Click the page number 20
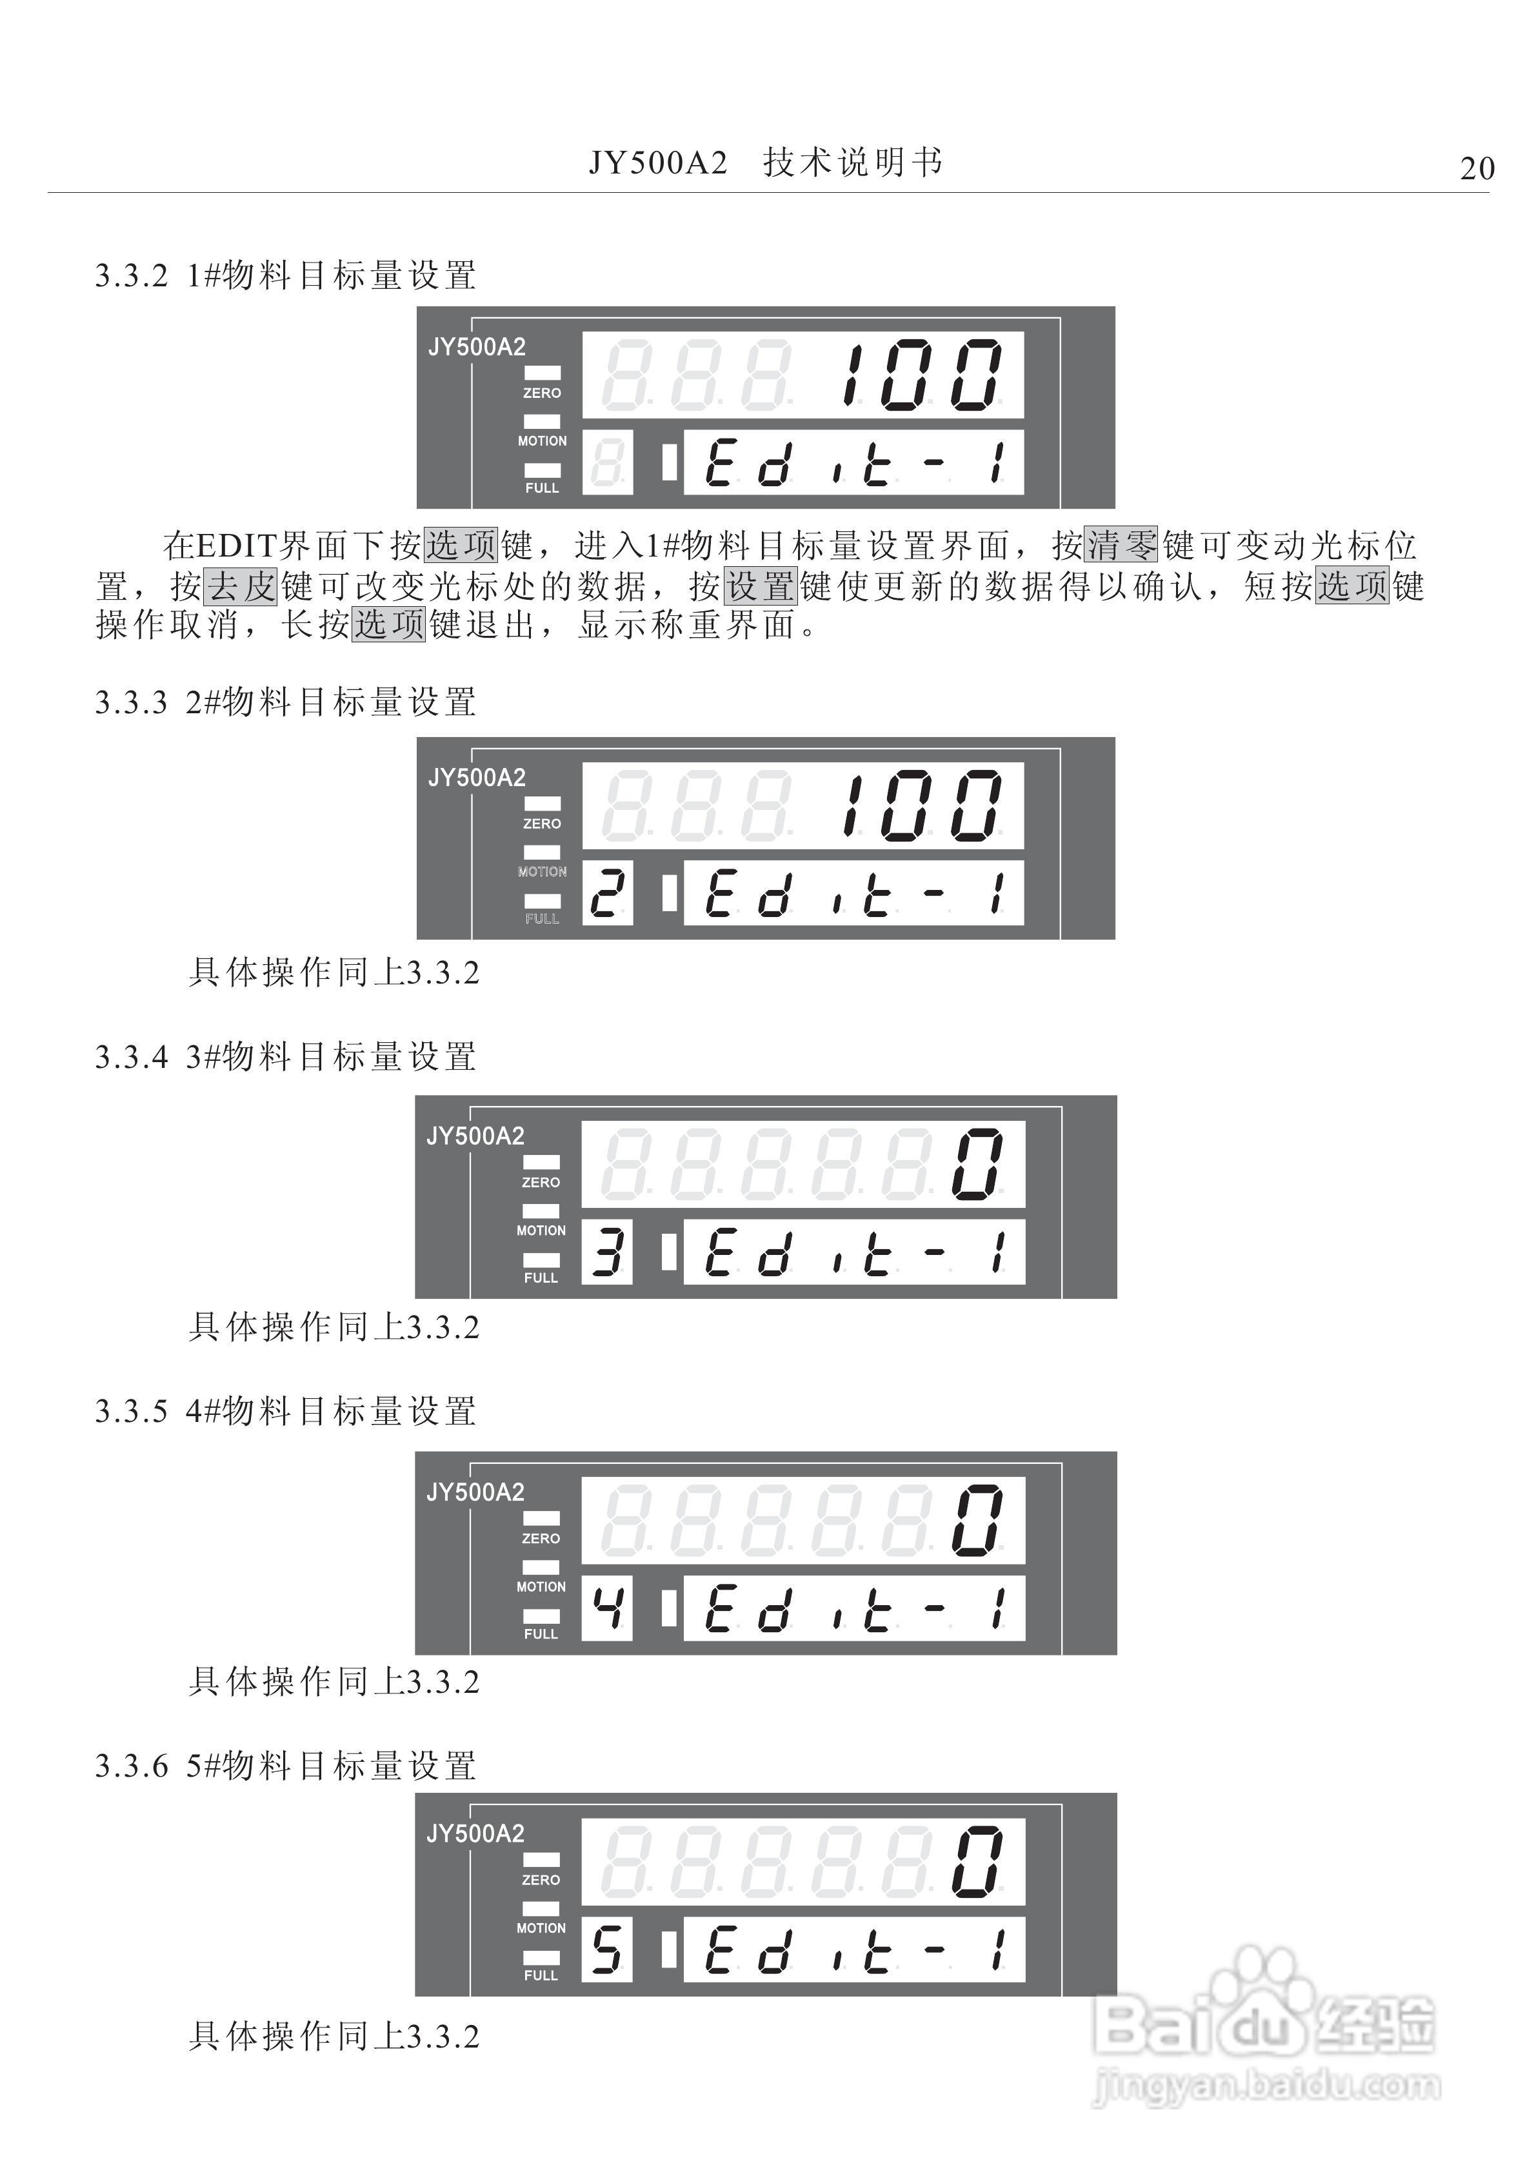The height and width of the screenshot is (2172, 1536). (x=1477, y=168)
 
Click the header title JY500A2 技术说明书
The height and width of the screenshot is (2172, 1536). (x=766, y=163)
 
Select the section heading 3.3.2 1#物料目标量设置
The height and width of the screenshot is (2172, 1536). (x=286, y=275)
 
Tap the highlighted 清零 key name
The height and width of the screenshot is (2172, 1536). (x=1121, y=546)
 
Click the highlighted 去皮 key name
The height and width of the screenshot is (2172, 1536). (x=241, y=586)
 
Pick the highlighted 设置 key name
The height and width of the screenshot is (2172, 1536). (x=761, y=586)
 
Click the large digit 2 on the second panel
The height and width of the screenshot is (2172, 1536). (x=606, y=893)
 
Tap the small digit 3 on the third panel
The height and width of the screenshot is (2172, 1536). (x=606, y=1252)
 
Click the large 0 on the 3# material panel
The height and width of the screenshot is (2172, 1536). (x=977, y=1165)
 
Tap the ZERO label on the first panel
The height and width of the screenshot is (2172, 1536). (x=543, y=393)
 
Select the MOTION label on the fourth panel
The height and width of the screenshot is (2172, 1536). (x=541, y=1586)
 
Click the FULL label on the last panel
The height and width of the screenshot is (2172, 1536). (x=541, y=1975)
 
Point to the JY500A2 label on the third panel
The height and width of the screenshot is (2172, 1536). (x=475, y=1136)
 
